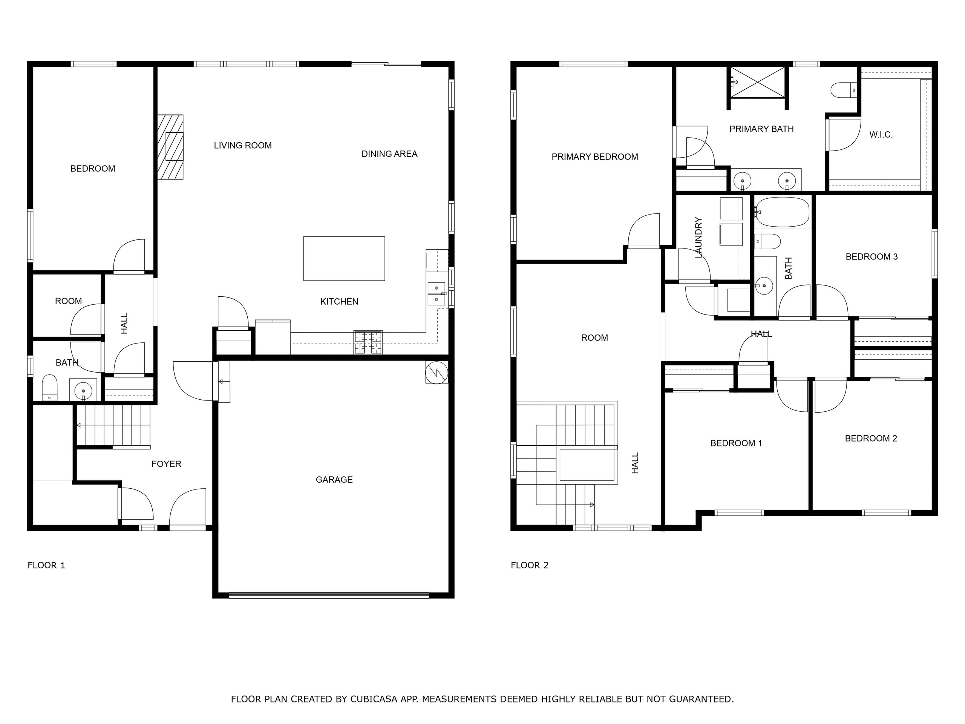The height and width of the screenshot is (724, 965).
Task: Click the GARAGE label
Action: coord(334,480)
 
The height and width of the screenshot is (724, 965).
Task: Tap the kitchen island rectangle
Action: coord(344,258)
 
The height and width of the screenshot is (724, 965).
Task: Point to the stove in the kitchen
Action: coord(368,342)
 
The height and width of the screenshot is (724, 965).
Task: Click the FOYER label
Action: coord(166,464)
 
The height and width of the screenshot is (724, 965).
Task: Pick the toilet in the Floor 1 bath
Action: coord(49,387)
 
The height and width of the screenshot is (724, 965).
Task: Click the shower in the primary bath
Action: coord(758,82)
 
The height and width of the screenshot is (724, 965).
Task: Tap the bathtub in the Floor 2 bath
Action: coord(782,212)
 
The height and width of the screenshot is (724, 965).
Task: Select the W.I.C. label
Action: coord(881,135)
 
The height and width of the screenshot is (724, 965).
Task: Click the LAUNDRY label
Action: coord(698,238)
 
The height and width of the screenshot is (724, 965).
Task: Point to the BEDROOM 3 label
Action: coord(872,257)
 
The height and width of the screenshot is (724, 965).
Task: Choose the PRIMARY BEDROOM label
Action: coord(594,156)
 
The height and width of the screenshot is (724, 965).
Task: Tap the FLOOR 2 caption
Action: coord(530,565)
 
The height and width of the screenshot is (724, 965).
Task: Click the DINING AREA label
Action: coord(389,153)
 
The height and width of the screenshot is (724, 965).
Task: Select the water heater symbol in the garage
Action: coord(437,372)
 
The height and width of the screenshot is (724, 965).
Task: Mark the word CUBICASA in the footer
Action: coord(374,699)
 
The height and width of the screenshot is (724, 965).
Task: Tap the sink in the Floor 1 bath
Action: coord(83,390)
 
